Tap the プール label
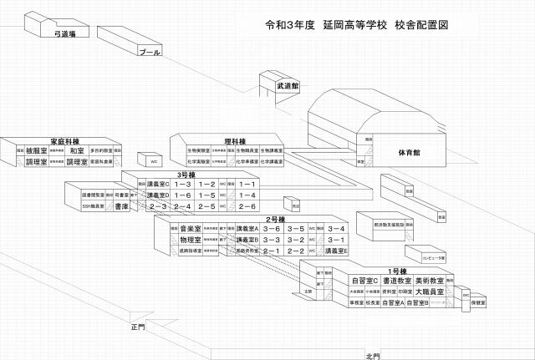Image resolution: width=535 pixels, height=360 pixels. point(150,53)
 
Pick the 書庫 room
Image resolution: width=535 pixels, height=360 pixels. point(121,205)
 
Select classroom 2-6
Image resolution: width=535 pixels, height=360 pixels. point(247,205)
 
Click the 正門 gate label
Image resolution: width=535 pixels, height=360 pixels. point(138,326)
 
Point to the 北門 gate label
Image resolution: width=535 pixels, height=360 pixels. point(373,355)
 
